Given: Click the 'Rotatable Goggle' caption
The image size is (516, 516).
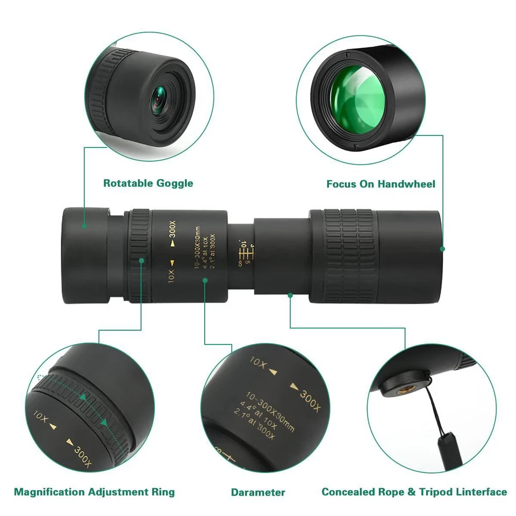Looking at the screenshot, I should (x=148, y=183).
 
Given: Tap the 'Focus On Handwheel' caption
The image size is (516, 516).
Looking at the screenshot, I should (x=381, y=184).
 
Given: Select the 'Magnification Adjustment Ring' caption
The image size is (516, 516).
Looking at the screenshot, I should (x=94, y=491).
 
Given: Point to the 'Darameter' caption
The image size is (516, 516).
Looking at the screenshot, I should (x=258, y=492).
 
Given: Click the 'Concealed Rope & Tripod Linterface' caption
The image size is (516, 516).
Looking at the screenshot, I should (x=414, y=491).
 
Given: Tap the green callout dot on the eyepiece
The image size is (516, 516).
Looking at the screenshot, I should (x=84, y=226).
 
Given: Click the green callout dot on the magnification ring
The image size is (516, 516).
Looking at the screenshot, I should (x=141, y=260).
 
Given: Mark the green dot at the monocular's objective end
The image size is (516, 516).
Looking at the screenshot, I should (x=442, y=248).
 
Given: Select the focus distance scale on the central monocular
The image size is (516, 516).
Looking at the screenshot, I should (x=243, y=253).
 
